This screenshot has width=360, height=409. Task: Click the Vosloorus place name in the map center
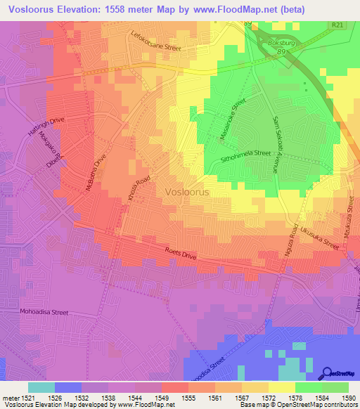(188, 191)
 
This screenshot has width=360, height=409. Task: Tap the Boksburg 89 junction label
(280, 46)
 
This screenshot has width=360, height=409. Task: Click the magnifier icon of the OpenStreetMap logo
(328, 373)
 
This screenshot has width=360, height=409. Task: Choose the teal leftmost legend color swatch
(41, 387)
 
